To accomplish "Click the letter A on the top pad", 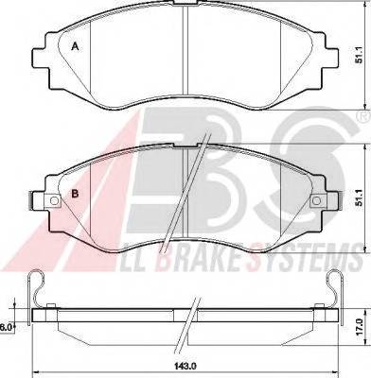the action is click(x=75, y=47).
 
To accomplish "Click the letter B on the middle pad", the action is click(x=75, y=194).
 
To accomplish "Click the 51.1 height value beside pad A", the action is click(x=359, y=57).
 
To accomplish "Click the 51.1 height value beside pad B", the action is click(x=359, y=198).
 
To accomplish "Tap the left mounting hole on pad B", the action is click(x=54, y=200).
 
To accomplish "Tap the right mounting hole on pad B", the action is click(x=316, y=200).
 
